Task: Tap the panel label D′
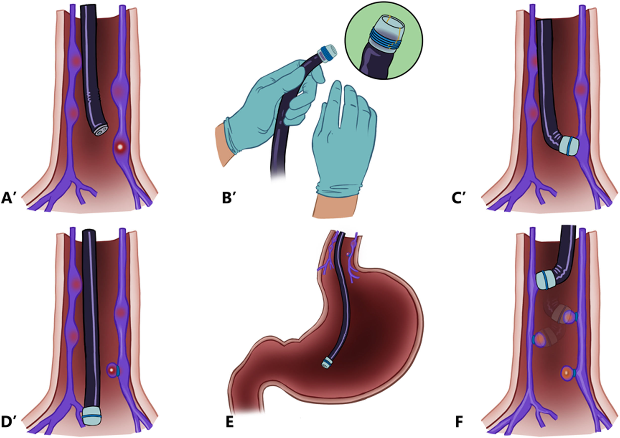coord(9,422)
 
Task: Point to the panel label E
coord(229,423)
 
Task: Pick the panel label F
coord(459,423)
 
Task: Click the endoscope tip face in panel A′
coord(100,131)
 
